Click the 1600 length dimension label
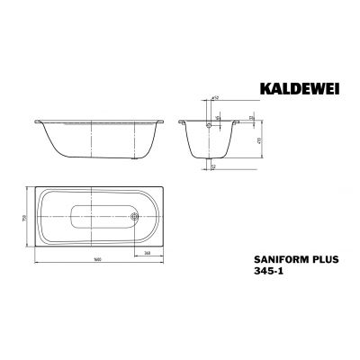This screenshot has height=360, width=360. (91, 259)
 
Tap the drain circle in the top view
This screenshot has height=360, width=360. (133, 215)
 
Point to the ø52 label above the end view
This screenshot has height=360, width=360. (217, 100)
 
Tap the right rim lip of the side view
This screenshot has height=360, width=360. (160, 121)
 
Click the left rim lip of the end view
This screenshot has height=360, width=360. (181, 121)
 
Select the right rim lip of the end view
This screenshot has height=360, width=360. (237, 121)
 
